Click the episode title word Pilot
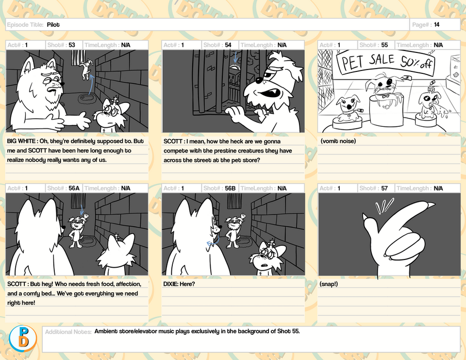[53, 25]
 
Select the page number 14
[436, 25]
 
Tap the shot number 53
[72, 45]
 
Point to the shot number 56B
[230, 189]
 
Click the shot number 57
[384, 189]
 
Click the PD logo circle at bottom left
[23, 339]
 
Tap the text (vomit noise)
[338, 141]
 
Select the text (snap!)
[329, 284]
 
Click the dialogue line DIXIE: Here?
[179, 284]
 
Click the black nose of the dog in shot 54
[259, 80]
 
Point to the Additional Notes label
[68, 332]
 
